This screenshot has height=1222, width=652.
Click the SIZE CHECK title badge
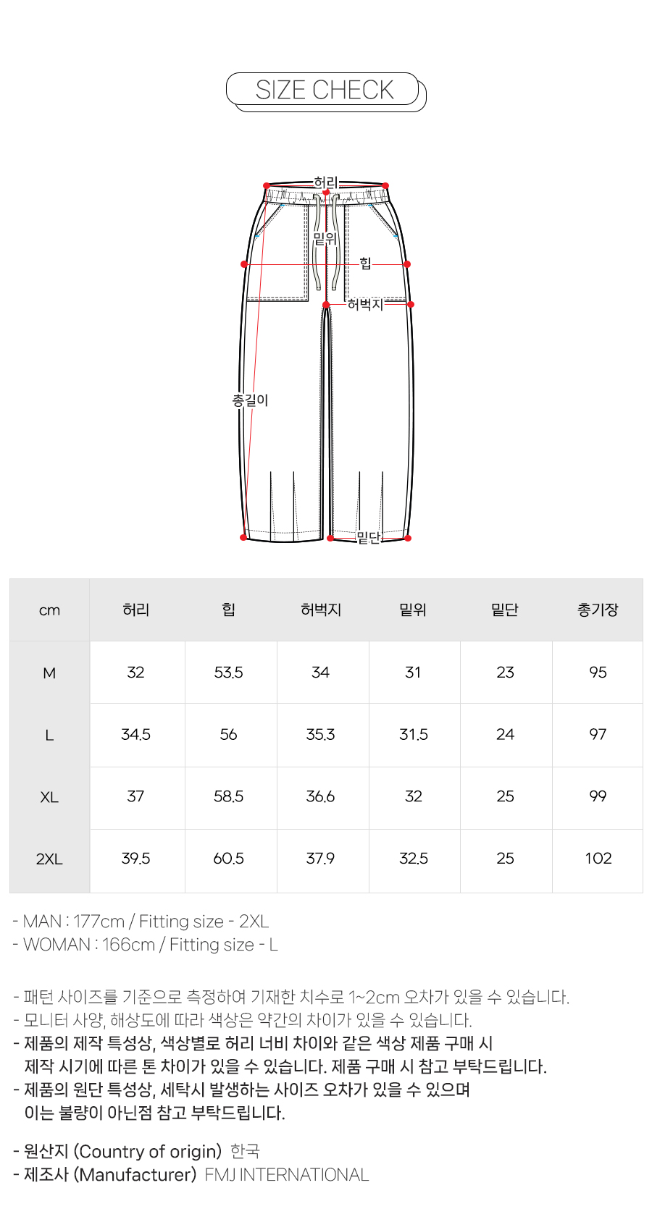(x=325, y=90)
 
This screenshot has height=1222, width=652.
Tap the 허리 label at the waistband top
(x=325, y=182)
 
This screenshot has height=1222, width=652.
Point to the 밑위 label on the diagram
(x=325, y=238)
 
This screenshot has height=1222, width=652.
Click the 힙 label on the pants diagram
(x=365, y=264)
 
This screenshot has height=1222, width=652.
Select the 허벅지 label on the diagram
(x=365, y=304)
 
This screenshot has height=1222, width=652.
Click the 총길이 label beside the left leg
(x=250, y=400)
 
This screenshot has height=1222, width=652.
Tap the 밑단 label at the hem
(x=368, y=538)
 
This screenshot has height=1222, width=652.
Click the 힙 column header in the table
(x=228, y=610)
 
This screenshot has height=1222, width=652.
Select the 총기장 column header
(x=598, y=610)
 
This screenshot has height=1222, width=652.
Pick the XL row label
(x=49, y=797)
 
